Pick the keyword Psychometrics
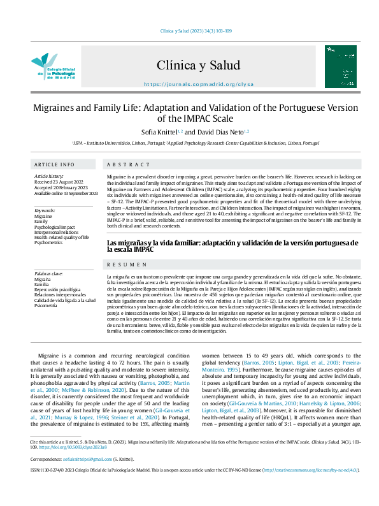48,243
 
